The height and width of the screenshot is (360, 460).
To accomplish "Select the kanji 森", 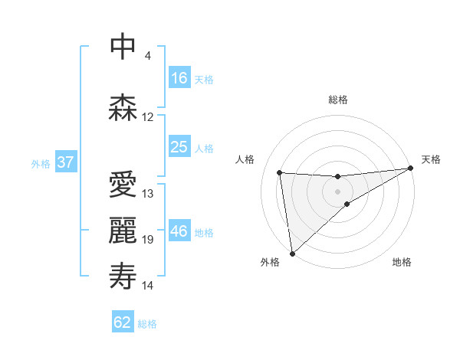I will click(x=123, y=107).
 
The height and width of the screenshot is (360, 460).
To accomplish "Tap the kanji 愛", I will click(x=123, y=184).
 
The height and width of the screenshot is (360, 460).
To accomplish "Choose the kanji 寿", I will click(x=123, y=277).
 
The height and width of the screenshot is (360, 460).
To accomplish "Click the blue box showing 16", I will click(x=179, y=78).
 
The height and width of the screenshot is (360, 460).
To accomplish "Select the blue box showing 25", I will click(x=179, y=147).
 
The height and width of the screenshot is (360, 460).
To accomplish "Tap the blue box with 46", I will click(x=179, y=231).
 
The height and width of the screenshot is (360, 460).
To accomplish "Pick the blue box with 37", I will click(x=65, y=162).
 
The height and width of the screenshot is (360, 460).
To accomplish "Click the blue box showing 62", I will click(x=123, y=322).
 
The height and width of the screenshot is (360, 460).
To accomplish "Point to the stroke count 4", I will click(x=148, y=56).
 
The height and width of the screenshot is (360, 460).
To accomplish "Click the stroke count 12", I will click(x=148, y=117).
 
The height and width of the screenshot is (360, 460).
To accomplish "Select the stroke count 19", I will click(x=148, y=240).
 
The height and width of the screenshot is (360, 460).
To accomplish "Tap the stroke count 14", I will click(x=148, y=286).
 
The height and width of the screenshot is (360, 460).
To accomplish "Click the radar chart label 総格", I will click(x=338, y=100).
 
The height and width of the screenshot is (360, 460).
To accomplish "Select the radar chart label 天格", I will click(x=431, y=159).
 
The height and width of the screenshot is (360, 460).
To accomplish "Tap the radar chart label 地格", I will click(x=402, y=262).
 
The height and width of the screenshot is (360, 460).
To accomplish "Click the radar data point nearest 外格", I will click(x=291, y=254).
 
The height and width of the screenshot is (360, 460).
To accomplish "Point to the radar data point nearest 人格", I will click(x=280, y=172).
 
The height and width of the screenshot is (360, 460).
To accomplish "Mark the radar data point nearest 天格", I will click(x=410, y=168).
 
